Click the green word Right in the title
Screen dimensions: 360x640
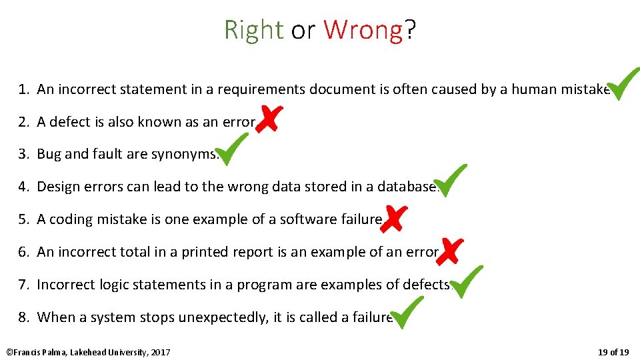[x=253, y=30]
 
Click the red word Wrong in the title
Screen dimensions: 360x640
[x=363, y=30]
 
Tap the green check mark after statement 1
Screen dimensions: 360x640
[x=625, y=84]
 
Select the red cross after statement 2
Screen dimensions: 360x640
[x=269, y=119]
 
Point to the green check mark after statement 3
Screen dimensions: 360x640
[x=233, y=149]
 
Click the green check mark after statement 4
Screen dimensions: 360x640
[x=451, y=181]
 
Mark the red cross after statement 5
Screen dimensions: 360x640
[x=394, y=218]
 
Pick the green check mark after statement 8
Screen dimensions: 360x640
[x=407, y=313]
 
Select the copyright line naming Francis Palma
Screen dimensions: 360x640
[x=88, y=351]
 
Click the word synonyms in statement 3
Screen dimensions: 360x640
[x=185, y=154]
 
